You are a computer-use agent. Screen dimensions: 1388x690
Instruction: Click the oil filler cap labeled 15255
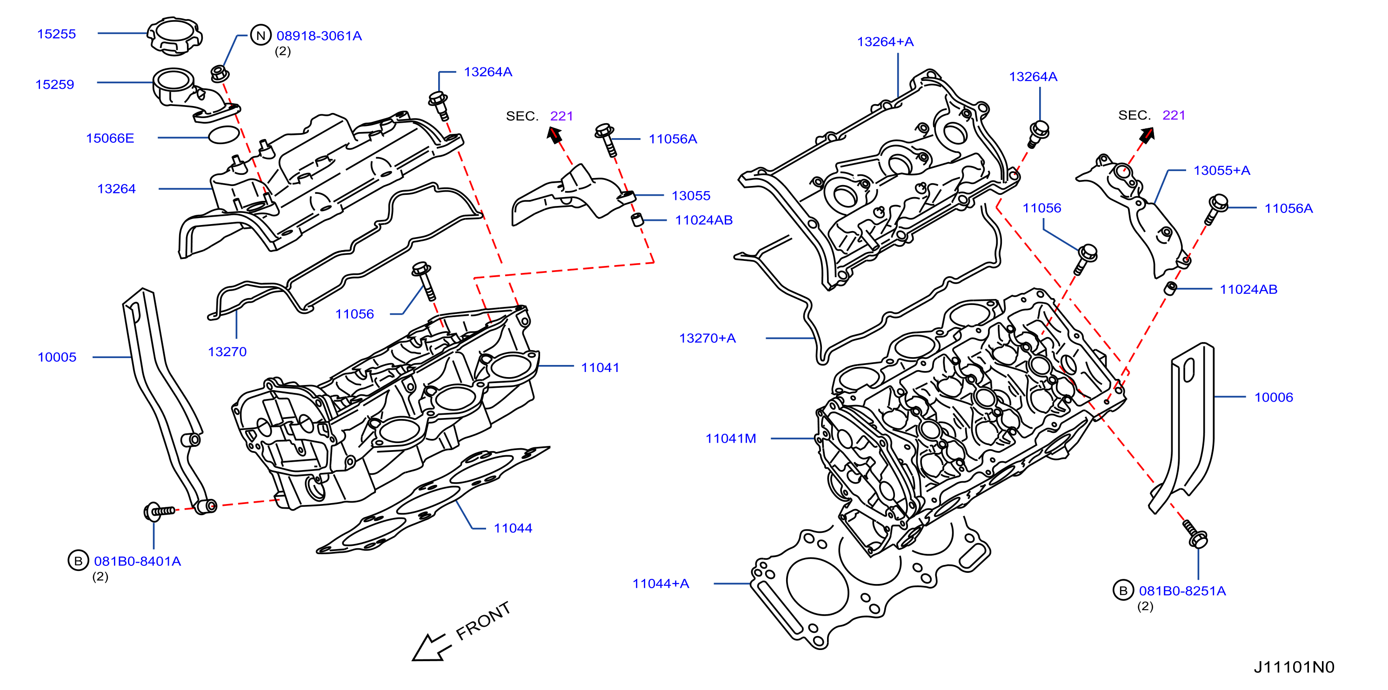tap(174, 35)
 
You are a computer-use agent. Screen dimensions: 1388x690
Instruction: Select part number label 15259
tap(54, 85)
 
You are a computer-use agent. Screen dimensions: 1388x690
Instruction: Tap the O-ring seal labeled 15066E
tap(224, 135)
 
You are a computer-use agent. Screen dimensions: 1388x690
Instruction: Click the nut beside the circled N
tap(218, 73)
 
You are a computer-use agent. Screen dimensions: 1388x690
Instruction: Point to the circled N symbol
tap(261, 35)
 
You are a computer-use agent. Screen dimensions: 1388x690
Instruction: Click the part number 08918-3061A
tap(319, 35)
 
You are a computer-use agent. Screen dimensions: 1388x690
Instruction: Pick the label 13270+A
tap(707, 338)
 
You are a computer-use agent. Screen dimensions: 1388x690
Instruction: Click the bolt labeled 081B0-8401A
tap(159, 511)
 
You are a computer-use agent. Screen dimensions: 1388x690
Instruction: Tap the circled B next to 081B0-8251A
tap(1123, 590)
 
